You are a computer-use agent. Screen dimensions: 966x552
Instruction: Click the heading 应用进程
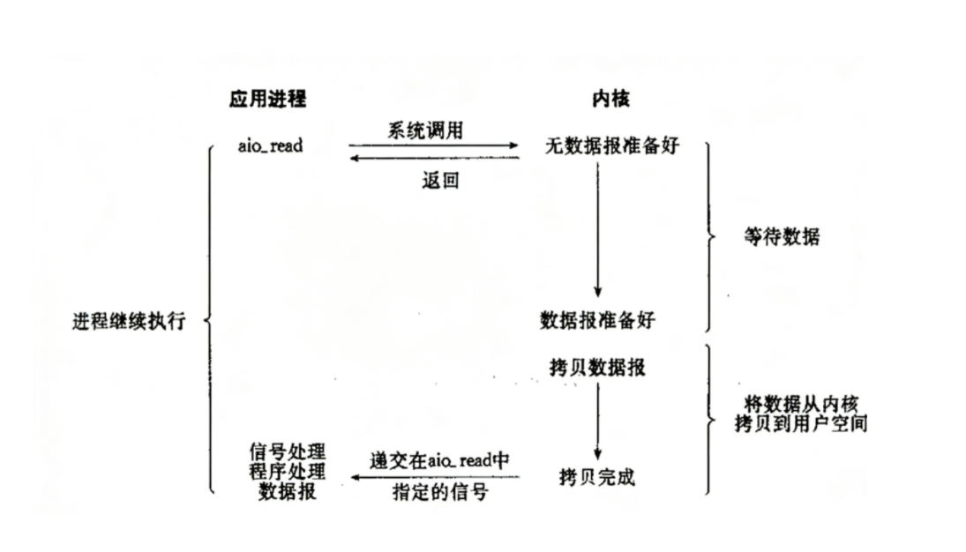(x=267, y=97)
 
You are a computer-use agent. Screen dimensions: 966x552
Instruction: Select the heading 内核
(x=610, y=97)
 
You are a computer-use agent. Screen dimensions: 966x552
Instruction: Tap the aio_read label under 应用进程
(x=270, y=145)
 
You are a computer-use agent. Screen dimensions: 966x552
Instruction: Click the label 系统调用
(x=426, y=130)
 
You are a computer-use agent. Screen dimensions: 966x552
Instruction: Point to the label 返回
(x=439, y=182)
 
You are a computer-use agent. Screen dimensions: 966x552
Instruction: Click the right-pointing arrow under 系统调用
(x=432, y=145)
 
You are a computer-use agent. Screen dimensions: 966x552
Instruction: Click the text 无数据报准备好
(x=611, y=146)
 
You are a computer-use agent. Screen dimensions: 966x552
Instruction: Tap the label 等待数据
(x=782, y=236)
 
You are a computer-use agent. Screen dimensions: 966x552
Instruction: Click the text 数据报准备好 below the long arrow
(x=598, y=319)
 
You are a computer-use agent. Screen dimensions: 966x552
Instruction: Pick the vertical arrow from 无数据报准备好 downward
(x=597, y=229)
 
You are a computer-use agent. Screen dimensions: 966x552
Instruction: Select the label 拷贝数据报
(x=596, y=366)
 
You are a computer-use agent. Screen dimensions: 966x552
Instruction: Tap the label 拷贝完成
(x=597, y=478)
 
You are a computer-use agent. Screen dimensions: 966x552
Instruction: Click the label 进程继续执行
(x=129, y=321)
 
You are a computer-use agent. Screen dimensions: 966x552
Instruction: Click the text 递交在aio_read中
(x=438, y=461)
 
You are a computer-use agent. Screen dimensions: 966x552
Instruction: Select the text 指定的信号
(x=439, y=492)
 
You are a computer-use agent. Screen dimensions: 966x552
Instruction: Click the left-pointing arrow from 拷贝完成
(x=435, y=477)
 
